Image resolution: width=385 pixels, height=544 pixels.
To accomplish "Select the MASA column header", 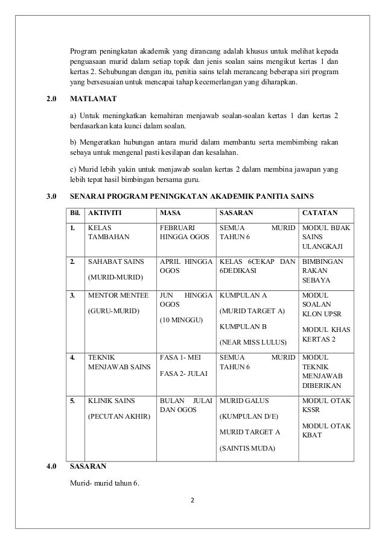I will [170, 213].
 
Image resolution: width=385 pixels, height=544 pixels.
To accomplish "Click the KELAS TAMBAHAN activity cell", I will [105, 233].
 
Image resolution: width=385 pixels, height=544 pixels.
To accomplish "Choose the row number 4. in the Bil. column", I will [73, 357].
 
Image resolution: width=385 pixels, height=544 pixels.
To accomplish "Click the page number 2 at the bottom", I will [192, 499].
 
